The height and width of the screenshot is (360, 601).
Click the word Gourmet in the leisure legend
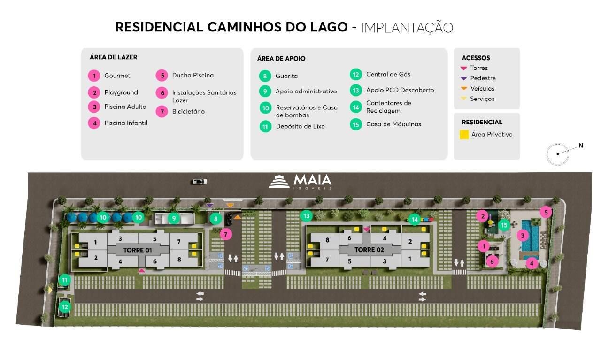coord(117,76)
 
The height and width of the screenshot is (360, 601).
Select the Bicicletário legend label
coord(188,112)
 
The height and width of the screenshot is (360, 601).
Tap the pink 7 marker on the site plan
coord(225,234)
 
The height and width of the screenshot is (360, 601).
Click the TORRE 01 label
coord(138,250)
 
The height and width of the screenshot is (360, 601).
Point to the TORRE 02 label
coord(369,250)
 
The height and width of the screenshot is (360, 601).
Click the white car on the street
coord(199,181)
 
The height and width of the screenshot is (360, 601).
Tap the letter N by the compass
coord(581,146)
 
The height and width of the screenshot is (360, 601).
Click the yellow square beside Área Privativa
coord(464,135)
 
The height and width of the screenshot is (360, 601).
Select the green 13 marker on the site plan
coord(307,216)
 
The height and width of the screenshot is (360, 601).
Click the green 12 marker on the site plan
coord(65,307)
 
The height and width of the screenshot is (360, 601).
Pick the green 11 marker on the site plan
coord(64,280)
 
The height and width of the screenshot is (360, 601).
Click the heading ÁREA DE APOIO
coord(281,59)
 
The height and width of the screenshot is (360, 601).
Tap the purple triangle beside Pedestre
coord(464,78)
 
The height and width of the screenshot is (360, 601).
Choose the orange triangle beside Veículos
coord(464,89)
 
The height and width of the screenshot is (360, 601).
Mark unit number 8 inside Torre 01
coord(179,259)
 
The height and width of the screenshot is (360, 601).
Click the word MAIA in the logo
coord(312,180)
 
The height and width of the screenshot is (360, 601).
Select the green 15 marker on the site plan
coord(504,225)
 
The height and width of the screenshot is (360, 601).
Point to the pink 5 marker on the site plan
coord(546,212)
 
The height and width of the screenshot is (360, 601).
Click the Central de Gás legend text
coord(388,74)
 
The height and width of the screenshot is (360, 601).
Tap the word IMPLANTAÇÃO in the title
coord(407,27)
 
